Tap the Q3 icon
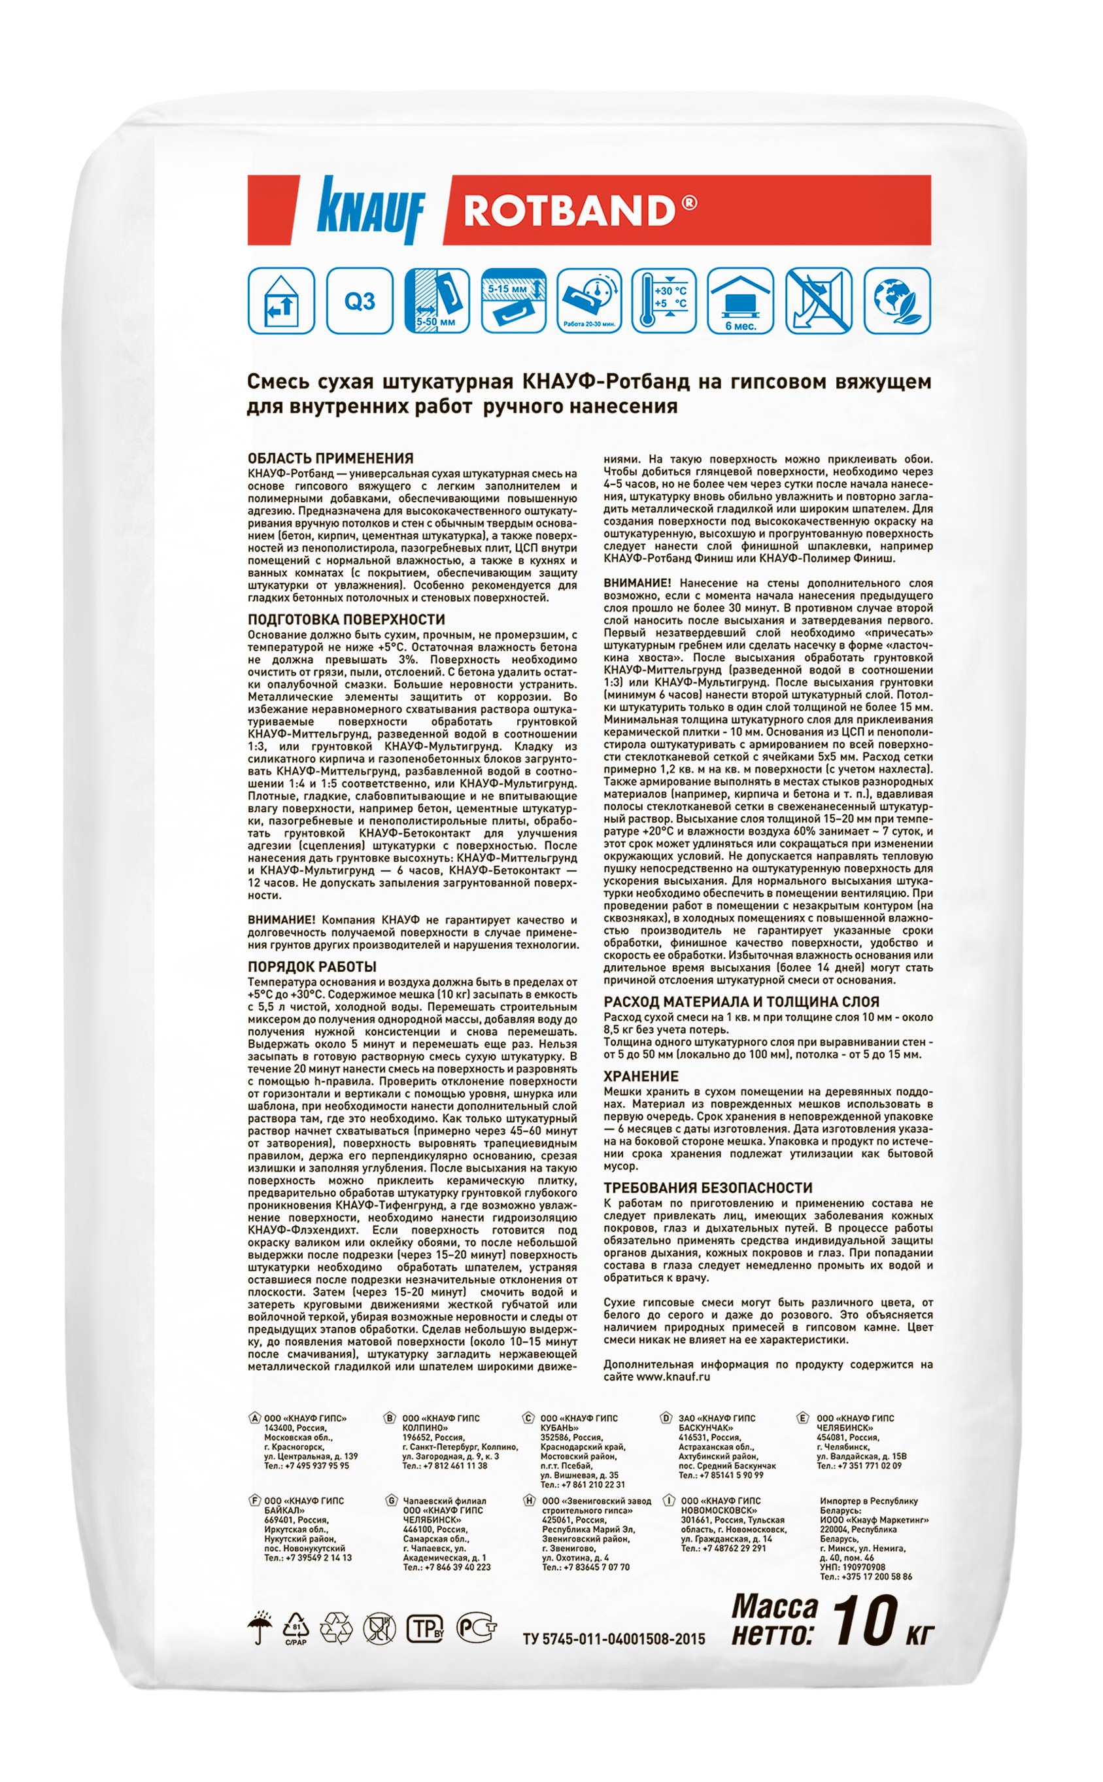pyautogui.click(x=360, y=301)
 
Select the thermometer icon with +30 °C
pyautogui.click(x=664, y=301)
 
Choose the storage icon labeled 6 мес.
pyautogui.click(x=740, y=301)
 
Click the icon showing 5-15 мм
pyautogui.click(x=515, y=301)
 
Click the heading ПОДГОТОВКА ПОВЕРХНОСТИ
pyautogui.click(x=346, y=619)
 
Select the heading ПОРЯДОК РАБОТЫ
pyautogui.click(x=313, y=967)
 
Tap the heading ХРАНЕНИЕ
pyautogui.click(x=641, y=1076)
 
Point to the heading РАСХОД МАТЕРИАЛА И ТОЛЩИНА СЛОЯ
pyautogui.click(x=741, y=1001)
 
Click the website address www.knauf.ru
pyautogui.click(x=673, y=1377)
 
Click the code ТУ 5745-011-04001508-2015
pyautogui.click(x=613, y=1638)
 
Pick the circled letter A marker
pyautogui.click(x=254, y=1418)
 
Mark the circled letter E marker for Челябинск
pyautogui.click(x=803, y=1418)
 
